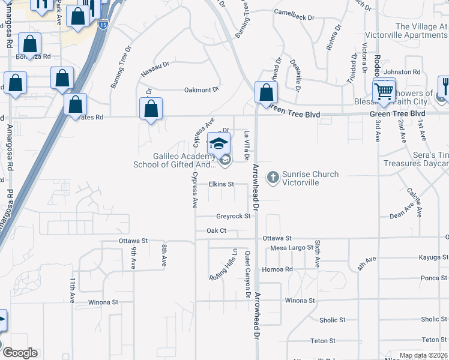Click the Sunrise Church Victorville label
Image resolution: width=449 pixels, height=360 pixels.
pos(310,178)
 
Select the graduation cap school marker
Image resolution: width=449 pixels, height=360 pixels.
pos(218,144)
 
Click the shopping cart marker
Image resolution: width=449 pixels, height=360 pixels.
pos(384,92)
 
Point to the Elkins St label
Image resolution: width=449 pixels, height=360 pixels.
pos(220,184)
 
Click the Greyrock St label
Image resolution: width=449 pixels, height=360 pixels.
pos(233,216)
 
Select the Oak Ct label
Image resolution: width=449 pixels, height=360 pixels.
pos(216,230)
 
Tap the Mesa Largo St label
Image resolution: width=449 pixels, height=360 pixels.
pos(292,247)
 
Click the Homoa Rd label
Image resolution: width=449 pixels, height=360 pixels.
pos(280,269)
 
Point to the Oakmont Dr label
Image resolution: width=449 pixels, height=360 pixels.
pos(200,90)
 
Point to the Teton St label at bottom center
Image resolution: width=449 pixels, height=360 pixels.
pos(324,341)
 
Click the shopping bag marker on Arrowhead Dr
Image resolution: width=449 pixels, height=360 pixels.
pos(265,92)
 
